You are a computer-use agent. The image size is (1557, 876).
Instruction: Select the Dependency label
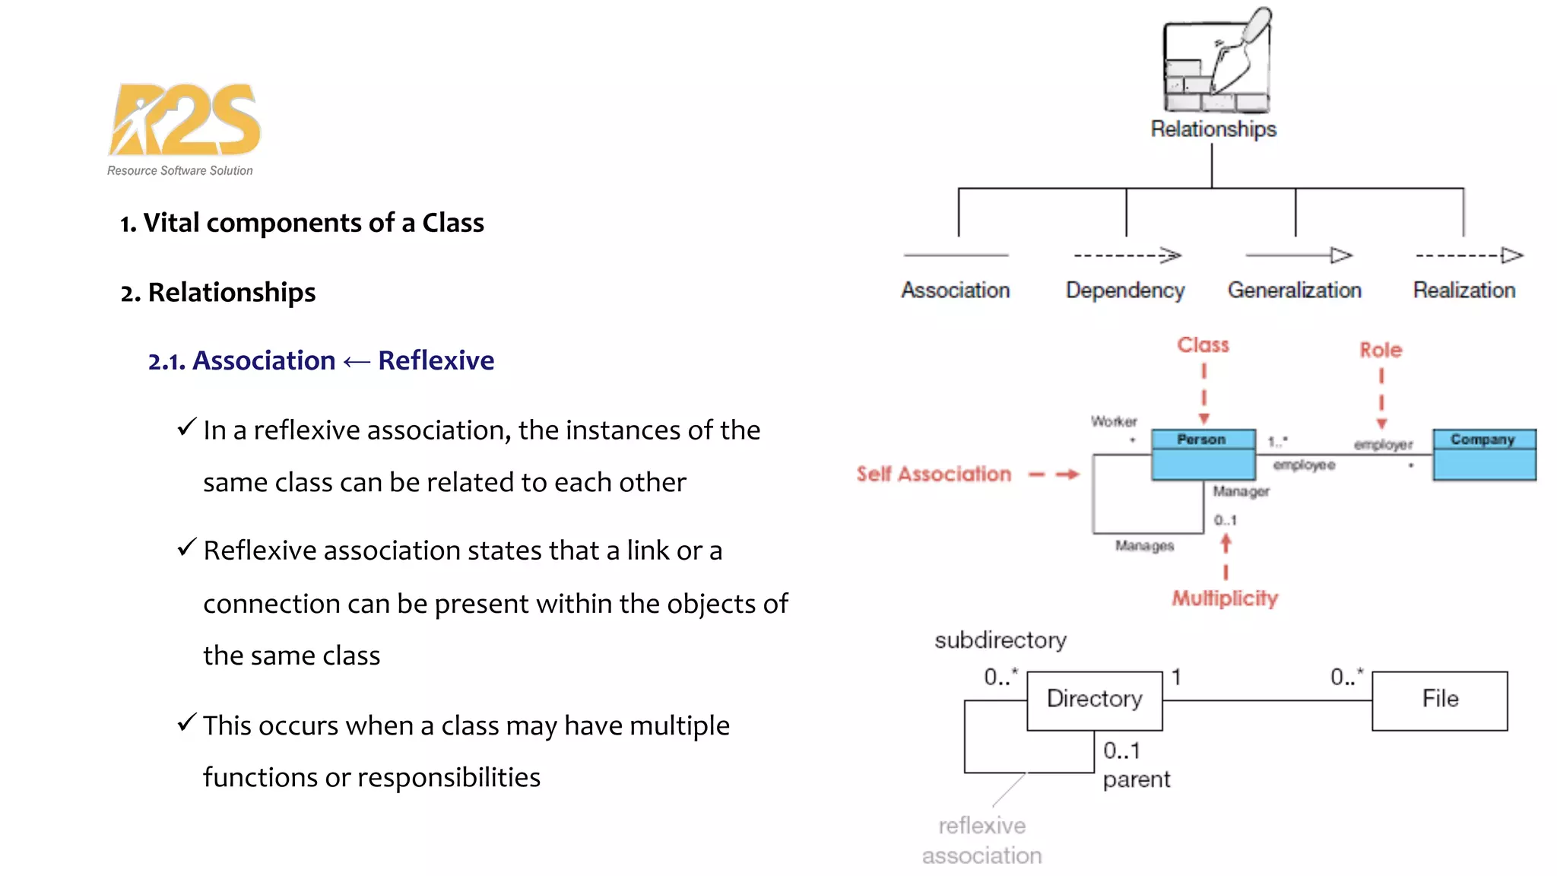[1125, 290]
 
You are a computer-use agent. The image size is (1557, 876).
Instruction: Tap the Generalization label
[1294, 290]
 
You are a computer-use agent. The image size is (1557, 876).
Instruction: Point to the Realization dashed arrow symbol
[1469, 255]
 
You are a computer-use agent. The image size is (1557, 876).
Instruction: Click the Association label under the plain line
[956, 290]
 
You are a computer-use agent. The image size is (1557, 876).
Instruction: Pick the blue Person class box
[1203, 455]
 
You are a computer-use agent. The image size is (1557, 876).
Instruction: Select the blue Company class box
[1484, 455]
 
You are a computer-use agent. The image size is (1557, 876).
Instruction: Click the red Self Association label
[934, 474]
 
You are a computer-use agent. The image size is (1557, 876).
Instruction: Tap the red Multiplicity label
[1225, 598]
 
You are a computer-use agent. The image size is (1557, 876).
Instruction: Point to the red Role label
[1381, 351]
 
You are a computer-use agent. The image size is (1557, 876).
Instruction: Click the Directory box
[1094, 700]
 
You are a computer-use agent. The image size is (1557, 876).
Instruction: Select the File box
[1439, 700]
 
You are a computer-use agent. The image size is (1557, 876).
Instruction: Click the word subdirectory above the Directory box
[1000, 640]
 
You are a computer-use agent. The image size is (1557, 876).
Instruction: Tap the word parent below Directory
[1137, 780]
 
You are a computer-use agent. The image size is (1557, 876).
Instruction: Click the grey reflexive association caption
[981, 841]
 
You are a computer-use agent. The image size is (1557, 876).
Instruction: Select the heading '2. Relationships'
[218, 293]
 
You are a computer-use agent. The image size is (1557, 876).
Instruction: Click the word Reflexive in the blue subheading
[436, 360]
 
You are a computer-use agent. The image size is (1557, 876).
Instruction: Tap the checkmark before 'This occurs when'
[187, 722]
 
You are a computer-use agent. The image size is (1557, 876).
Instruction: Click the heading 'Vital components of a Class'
[312, 223]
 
